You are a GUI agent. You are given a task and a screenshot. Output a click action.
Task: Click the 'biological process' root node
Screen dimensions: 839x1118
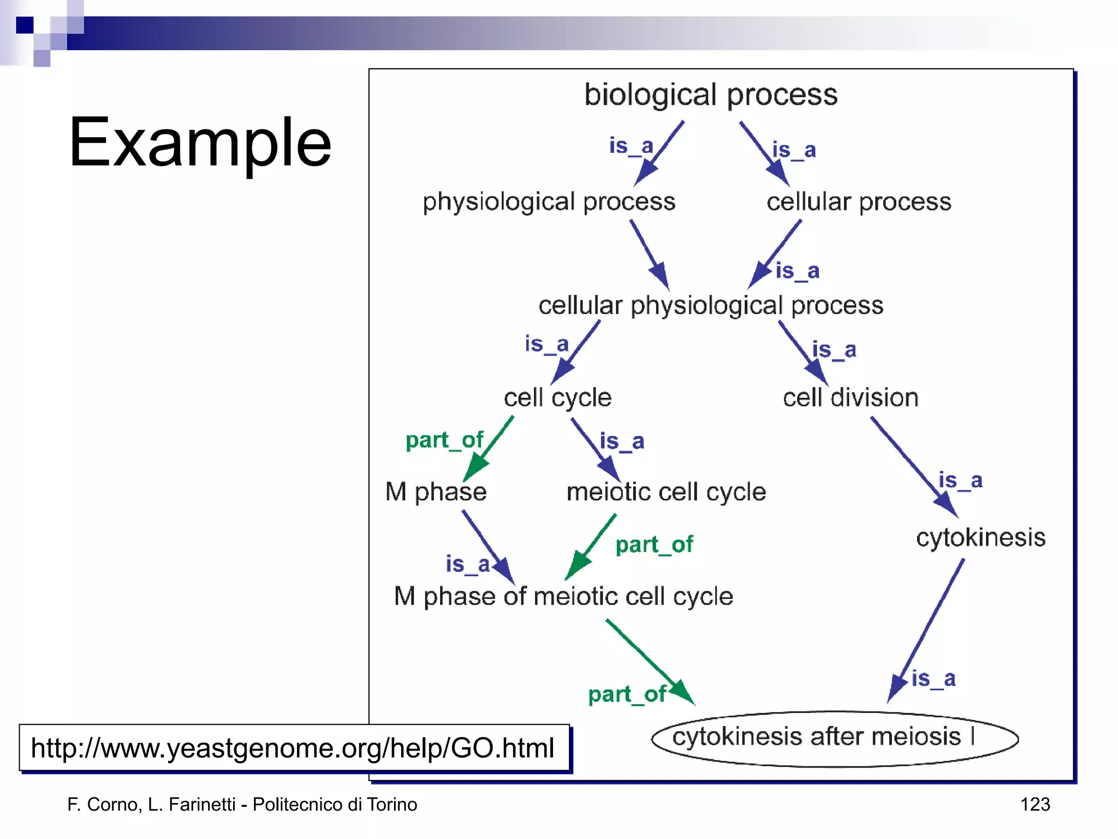tap(710, 95)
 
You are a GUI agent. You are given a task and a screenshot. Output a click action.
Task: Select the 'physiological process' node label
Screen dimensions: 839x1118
tap(549, 202)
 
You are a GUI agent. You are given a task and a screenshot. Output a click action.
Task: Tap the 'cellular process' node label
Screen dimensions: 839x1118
tap(858, 202)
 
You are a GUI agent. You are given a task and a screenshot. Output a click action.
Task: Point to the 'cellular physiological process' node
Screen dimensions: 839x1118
tap(710, 305)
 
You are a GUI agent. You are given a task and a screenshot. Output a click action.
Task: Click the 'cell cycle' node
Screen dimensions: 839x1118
tap(557, 398)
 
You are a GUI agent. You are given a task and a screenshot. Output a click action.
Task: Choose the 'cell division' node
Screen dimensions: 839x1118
tap(850, 398)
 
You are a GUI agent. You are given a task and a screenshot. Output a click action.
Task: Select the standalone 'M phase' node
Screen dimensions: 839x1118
tap(436, 492)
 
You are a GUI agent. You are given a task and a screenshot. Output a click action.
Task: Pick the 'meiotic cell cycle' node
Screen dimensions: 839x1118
tap(666, 492)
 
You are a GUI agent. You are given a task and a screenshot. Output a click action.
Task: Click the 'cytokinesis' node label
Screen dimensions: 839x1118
tap(980, 537)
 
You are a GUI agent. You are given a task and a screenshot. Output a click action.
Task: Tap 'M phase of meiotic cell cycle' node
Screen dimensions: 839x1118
tap(563, 596)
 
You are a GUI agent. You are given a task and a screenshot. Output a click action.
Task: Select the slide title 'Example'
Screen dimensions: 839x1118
tap(200, 143)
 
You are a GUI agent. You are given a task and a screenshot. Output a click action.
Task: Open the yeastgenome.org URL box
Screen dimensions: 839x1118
tap(293, 748)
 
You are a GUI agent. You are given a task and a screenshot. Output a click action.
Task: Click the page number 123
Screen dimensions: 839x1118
tap(1034, 804)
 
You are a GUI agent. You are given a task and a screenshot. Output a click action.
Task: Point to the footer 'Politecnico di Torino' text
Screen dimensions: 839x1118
tap(335, 804)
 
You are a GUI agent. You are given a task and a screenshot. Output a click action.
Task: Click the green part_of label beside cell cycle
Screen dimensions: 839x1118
tap(444, 440)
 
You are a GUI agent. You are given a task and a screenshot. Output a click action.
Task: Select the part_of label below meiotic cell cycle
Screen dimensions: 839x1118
tap(653, 545)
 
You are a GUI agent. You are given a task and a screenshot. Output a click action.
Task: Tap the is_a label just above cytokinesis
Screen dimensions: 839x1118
tap(960, 481)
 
